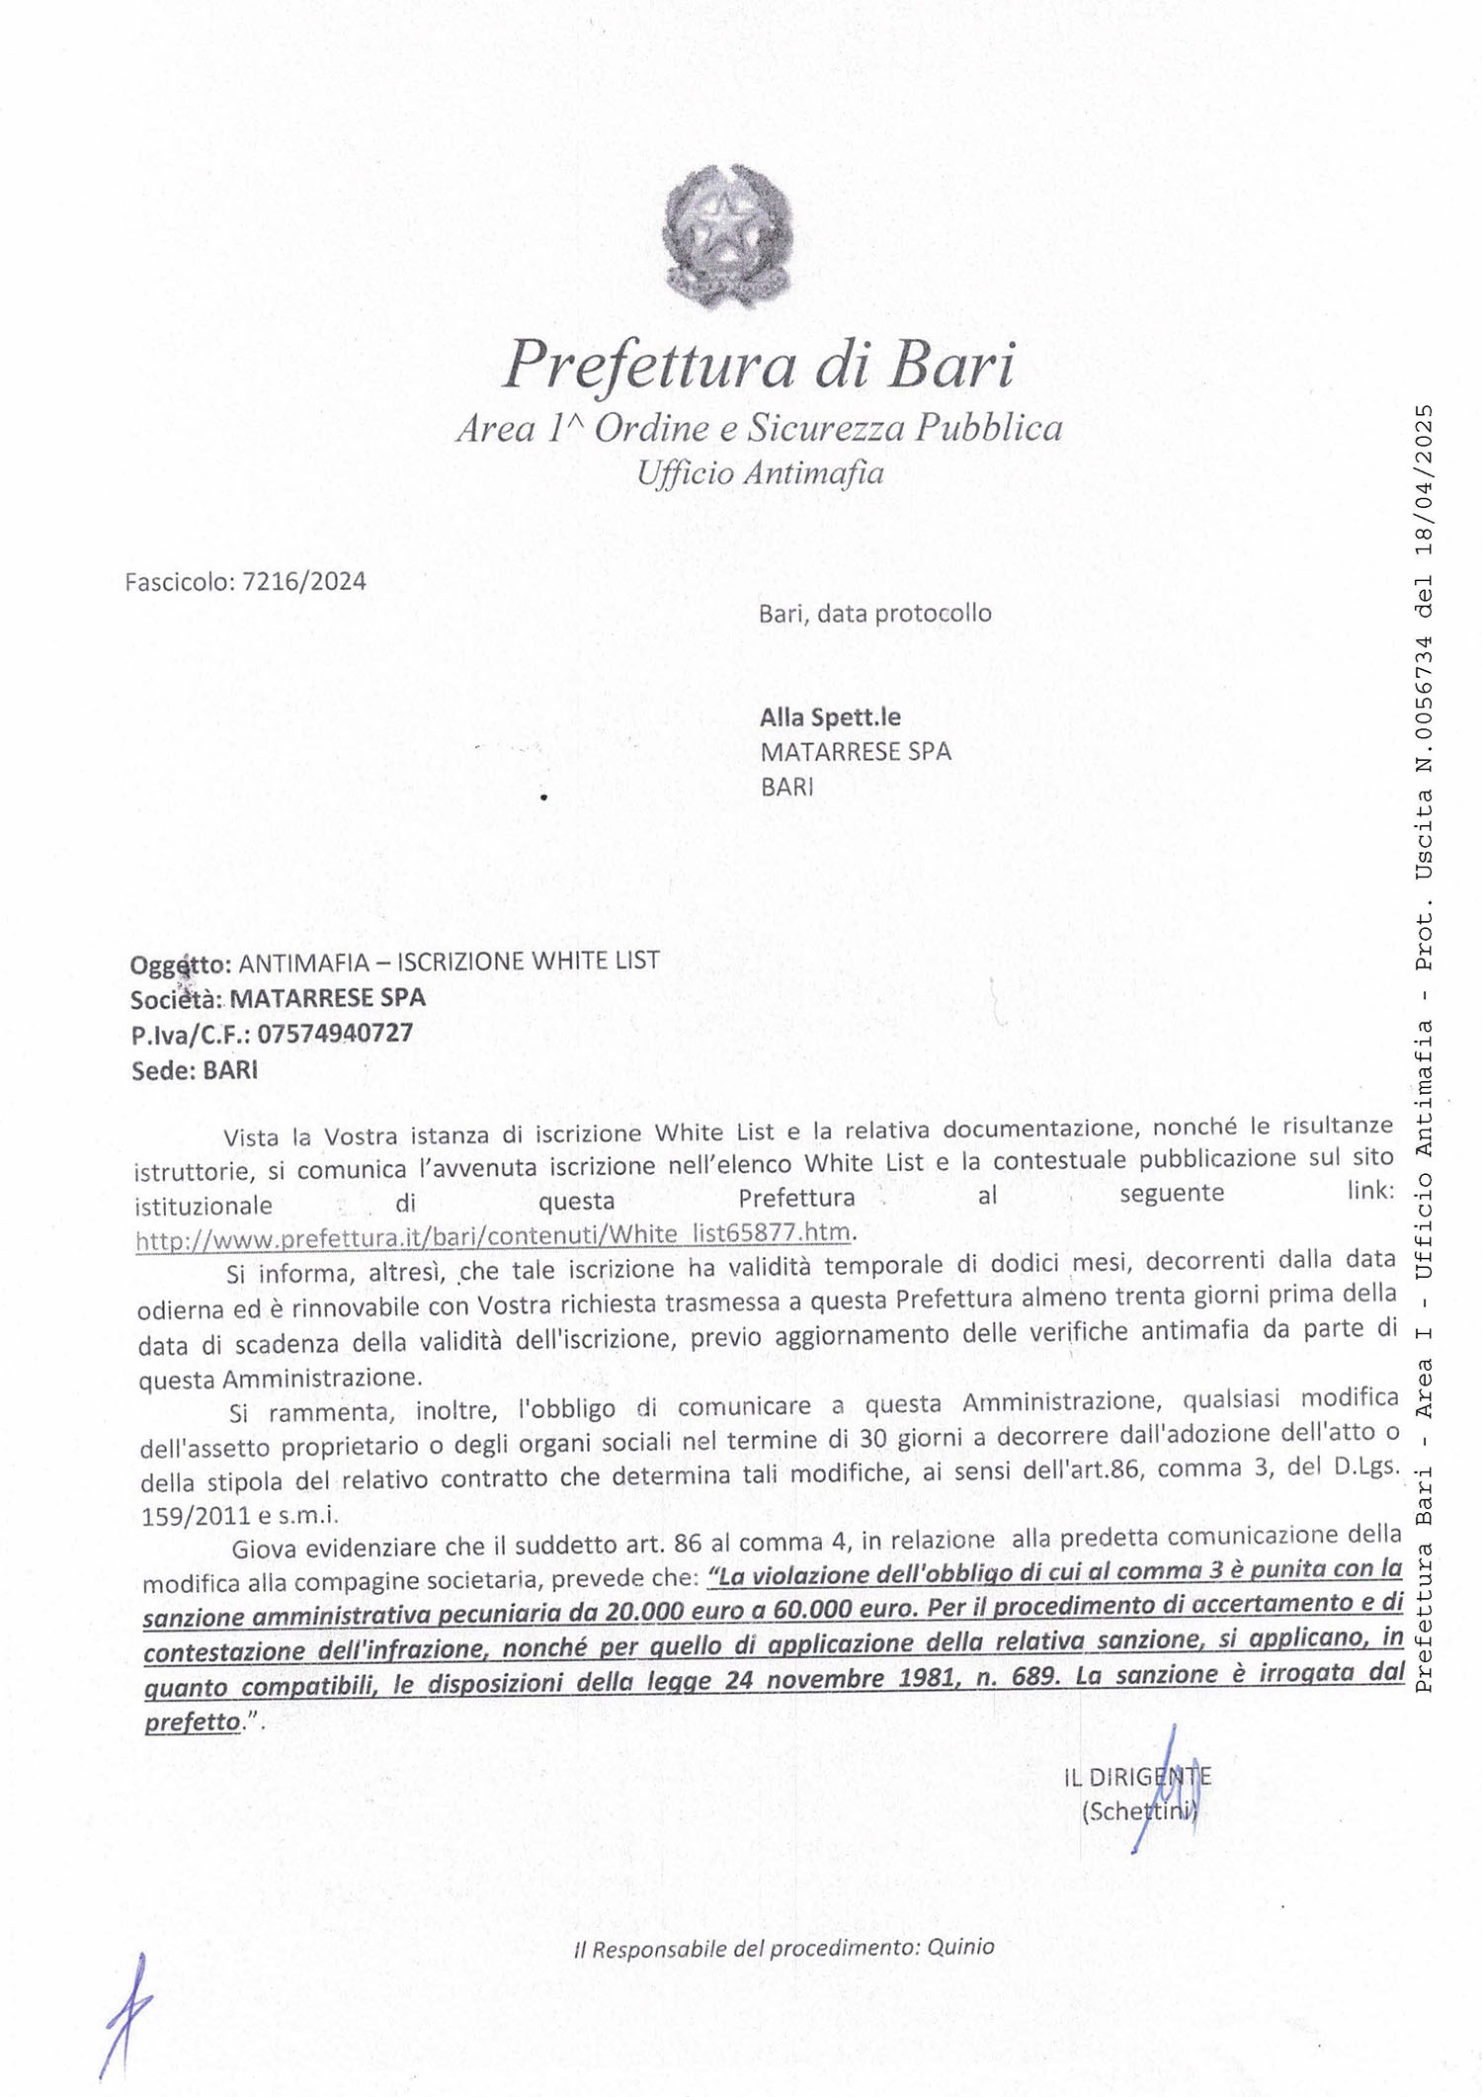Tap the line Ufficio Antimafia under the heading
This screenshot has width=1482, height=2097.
pyautogui.click(x=759, y=473)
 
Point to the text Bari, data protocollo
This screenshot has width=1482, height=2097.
pyautogui.click(x=874, y=613)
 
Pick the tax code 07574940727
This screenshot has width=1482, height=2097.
pyautogui.click(x=335, y=1034)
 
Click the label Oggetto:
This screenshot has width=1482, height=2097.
pyautogui.click(x=181, y=963)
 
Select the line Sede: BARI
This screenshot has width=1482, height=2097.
pyautogui.click(x=194, y=1071)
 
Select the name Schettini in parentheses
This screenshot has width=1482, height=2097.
pyautogui.click(x=1138, y=1813)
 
